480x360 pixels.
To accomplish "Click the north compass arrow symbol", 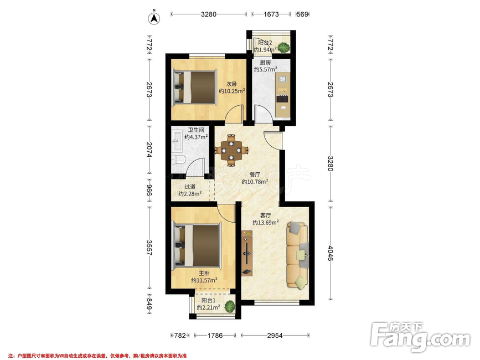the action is [154, 18].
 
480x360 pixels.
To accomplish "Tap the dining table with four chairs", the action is [231, 150].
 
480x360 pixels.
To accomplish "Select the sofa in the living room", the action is [297, 255].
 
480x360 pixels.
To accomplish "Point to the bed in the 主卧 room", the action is [197, 245].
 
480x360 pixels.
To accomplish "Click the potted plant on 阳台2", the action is [284, 48].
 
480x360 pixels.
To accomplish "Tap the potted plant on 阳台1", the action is [229, 306].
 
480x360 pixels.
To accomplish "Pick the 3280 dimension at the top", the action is [209, 14].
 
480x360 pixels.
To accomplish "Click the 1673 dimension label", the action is [271, 14].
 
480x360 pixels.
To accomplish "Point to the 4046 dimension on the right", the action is [331, 253].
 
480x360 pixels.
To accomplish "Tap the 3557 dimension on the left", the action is [149, 248].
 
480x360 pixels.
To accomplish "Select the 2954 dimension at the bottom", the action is [275, 336].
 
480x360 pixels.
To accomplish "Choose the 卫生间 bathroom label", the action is [196, 130].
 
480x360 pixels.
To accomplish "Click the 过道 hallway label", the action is [190, 187].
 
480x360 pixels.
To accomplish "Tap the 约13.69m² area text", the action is [265, 223].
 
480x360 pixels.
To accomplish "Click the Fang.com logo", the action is [420, 336].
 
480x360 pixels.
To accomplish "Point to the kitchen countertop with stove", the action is [283, 95].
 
